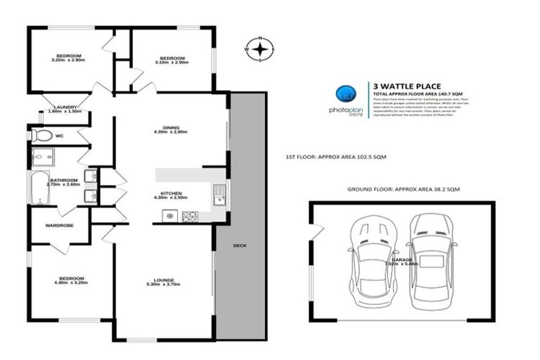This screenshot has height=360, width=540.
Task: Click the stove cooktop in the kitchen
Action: [x=188, y=217]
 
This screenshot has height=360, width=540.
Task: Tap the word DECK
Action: [x=240, y=245]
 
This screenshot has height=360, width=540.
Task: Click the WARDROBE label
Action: [x=60, y=226]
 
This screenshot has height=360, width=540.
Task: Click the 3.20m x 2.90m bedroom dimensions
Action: [x=68, y=60]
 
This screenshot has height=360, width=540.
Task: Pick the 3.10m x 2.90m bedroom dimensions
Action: [x=171, y=63]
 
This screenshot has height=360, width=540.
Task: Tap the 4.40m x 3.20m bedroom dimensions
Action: [x=72, y=283]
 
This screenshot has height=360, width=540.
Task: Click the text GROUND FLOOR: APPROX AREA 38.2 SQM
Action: [x=403, y=190]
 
